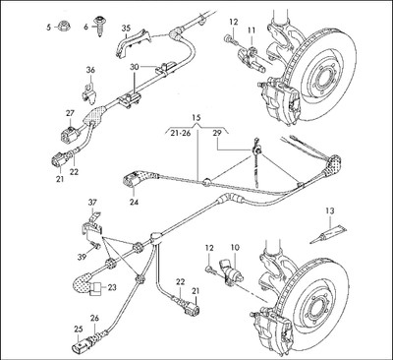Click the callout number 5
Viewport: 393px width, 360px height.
coord(48,28)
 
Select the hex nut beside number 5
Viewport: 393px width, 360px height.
coord(62,26)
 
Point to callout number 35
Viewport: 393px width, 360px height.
coord(126,29)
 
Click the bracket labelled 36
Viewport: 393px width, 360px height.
coord(88,93)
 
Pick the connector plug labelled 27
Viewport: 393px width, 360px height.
coord(70,133)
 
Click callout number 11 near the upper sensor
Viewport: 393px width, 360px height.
coord(252,30)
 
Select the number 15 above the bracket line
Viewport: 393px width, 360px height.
coord(196,117)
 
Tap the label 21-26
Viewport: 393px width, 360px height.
coord(179,133)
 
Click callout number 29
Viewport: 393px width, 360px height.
coord(217,133)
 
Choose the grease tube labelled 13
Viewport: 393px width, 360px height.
coord(327,234)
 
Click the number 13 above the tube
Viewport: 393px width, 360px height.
coord(330,211)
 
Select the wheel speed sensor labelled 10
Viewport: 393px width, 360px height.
coord(232,270)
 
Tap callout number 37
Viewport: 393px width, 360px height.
coord(92,204)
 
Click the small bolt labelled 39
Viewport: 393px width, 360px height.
coord(94,245)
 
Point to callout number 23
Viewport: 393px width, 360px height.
coord(112,287)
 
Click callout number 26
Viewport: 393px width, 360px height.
coord(94,319)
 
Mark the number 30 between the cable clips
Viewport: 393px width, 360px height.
coord(135,67)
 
